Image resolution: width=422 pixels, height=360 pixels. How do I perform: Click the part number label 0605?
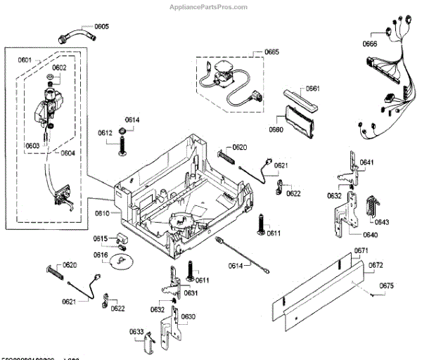point(102,27)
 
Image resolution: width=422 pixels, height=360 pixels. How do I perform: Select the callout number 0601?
point(25,60)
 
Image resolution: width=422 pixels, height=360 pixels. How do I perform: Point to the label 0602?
point(59,67)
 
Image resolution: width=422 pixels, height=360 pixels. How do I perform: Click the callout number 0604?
point(68,153)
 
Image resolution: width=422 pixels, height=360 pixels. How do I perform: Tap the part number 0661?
point(313,89)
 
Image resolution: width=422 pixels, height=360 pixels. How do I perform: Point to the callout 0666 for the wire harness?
point(370,44)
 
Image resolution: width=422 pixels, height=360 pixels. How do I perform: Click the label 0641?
point(367,162)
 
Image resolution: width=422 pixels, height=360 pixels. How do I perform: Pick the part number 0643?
point(382,222)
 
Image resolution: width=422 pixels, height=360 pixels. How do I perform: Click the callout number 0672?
point(376,265)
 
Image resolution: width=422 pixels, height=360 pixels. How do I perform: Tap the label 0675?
point(387,285)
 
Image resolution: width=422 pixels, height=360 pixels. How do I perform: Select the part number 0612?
point(105,133)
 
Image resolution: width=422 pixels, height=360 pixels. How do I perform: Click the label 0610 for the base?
point(102,212)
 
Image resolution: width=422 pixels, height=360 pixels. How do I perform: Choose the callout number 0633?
point(136,331)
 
